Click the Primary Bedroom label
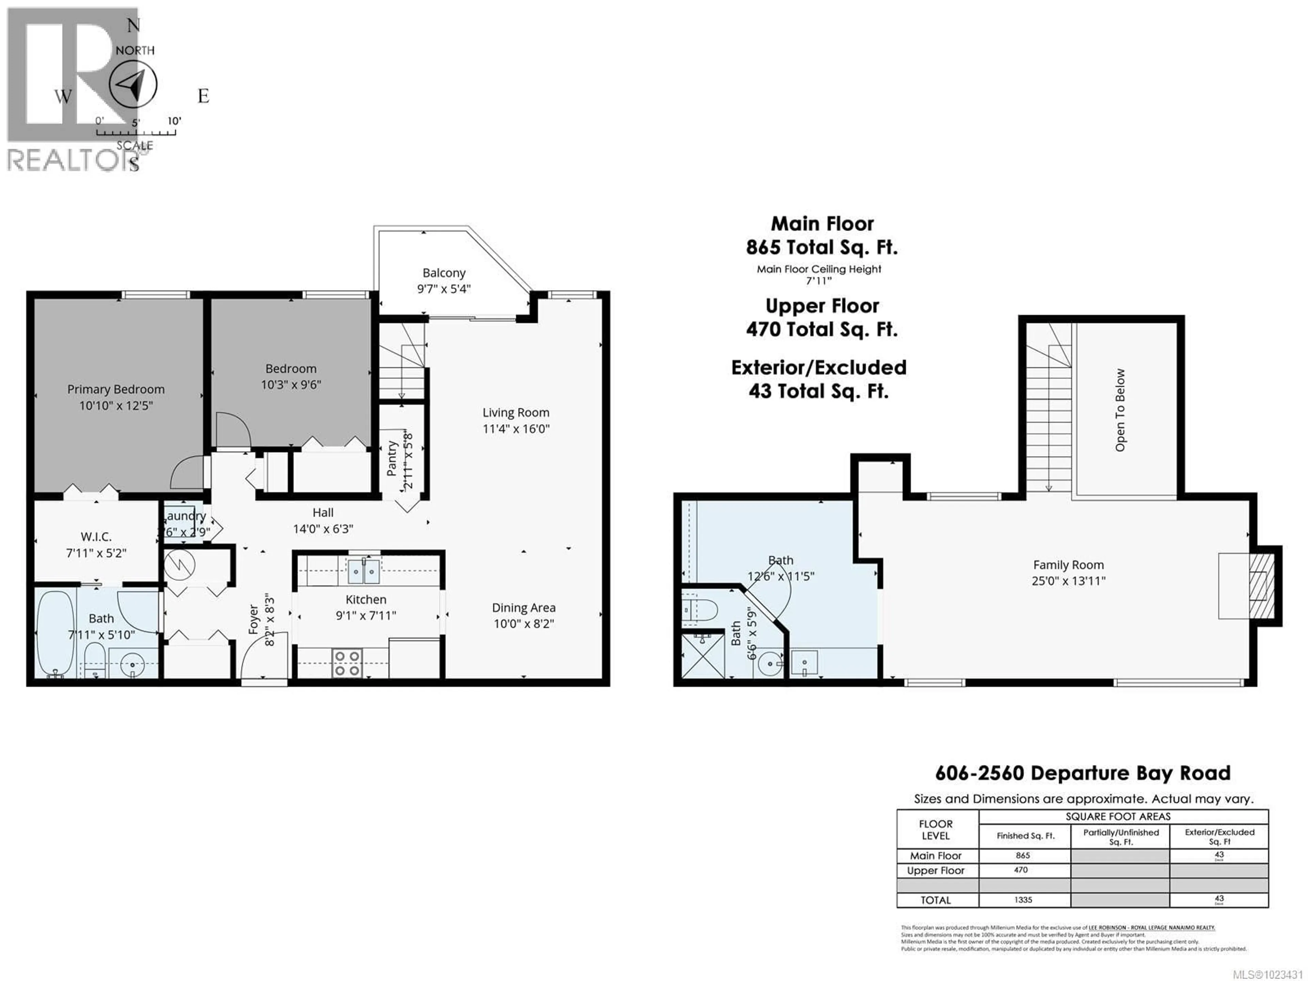[x=116, y=389]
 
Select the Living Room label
[x=516, y=413]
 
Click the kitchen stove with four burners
[x=347, y=663]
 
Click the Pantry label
[x=391, y=458]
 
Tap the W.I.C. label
[x=96, y=537]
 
